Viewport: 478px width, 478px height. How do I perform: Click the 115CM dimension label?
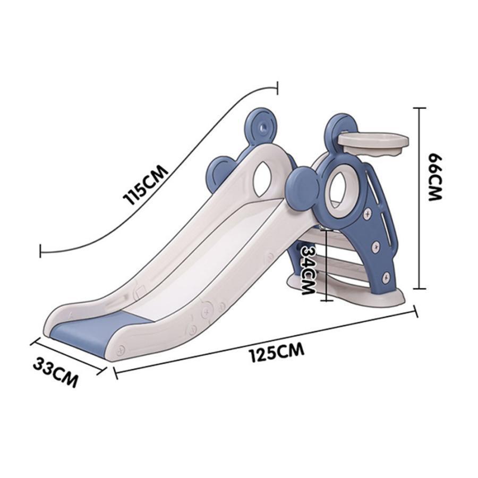click(145, 185)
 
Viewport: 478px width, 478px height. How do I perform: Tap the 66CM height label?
click(435, 177)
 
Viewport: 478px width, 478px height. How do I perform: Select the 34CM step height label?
click(308, 269)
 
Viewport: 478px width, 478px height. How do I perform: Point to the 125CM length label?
click(277, 353)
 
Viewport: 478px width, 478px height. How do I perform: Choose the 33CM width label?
click(55, 372)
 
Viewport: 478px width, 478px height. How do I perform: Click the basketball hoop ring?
click(373, 141)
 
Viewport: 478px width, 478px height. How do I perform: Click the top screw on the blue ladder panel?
click(368, 214)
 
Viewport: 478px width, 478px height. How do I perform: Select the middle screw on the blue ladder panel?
click(377, 246)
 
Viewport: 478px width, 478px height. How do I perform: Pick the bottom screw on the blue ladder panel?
click(386, 277)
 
